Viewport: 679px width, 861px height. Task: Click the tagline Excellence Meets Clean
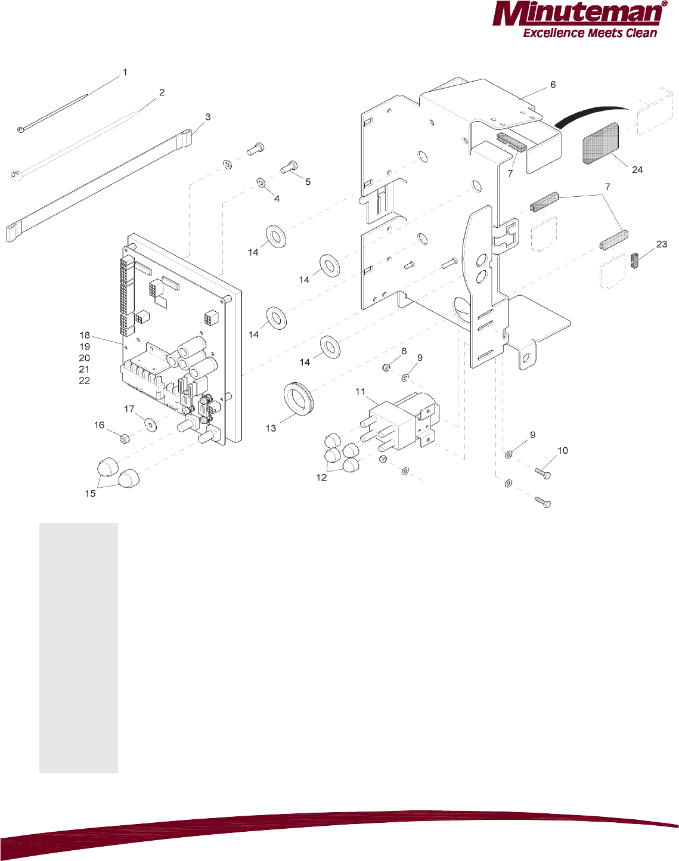coord(590,33)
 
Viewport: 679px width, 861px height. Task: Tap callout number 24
coord(637,170)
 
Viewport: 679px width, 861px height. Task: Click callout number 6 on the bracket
coord(553,85)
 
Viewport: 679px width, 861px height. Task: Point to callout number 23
coord(661,244)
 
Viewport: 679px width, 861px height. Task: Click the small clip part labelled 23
coord(634,260)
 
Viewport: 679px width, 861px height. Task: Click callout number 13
coord(271,428)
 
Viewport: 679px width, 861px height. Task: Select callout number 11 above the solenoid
coord(360,392)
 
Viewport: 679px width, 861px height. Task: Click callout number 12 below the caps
coord(321,478)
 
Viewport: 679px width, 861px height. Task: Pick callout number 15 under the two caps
coord(90,494)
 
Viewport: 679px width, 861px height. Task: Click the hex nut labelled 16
coord(125,439)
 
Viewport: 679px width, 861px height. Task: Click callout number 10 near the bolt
coord(563,451)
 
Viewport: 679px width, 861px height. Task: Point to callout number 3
coord(207,117)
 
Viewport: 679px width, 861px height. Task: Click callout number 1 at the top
coord(125,72)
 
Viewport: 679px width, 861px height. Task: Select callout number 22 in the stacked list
coord(85,381)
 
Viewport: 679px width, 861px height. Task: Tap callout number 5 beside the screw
coord(308,182)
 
